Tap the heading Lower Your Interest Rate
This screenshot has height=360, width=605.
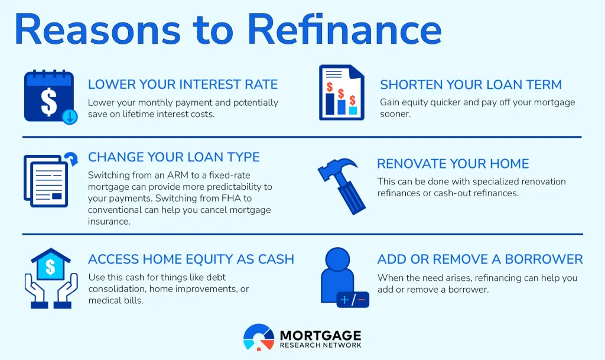(x=183, y=85)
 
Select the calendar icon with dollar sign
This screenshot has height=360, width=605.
(x=48, y=96)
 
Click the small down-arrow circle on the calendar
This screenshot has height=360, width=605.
(x=70, y=116)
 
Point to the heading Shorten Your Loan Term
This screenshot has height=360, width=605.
(x=471, y=85)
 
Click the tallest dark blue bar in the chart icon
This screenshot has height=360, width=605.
(x=330, y=103)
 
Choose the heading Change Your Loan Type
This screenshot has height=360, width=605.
(x=174, y=157)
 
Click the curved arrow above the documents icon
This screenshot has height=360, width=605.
(x=71, y=159)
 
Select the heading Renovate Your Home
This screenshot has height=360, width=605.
(x=453, y=164)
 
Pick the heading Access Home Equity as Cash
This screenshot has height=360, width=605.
(x=191, y=259)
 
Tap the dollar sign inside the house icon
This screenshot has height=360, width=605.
(x=50, y=267)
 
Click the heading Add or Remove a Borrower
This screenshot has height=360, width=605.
(x=480, y=259)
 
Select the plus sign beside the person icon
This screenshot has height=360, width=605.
(x=344, y=301)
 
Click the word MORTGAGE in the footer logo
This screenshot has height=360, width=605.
(x=321, y=335)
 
